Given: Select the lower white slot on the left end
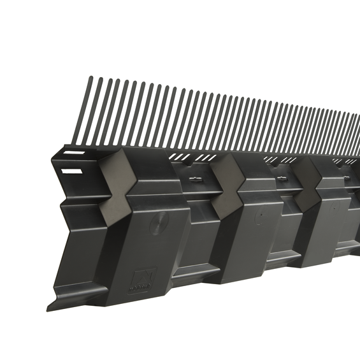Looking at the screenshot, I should [72, 171].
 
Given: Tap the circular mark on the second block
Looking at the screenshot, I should [259, 216].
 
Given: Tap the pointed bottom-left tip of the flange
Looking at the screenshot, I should [48, 308].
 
